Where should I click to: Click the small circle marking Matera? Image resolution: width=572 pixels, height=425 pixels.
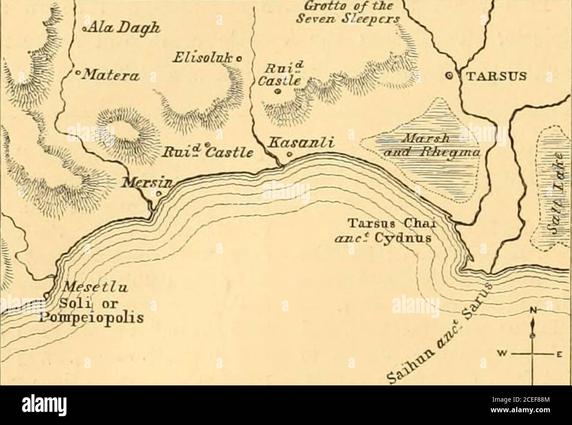[77, 72]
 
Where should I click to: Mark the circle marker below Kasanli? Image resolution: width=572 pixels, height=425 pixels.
[289, 154]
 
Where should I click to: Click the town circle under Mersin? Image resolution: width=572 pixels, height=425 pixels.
[159, 193]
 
